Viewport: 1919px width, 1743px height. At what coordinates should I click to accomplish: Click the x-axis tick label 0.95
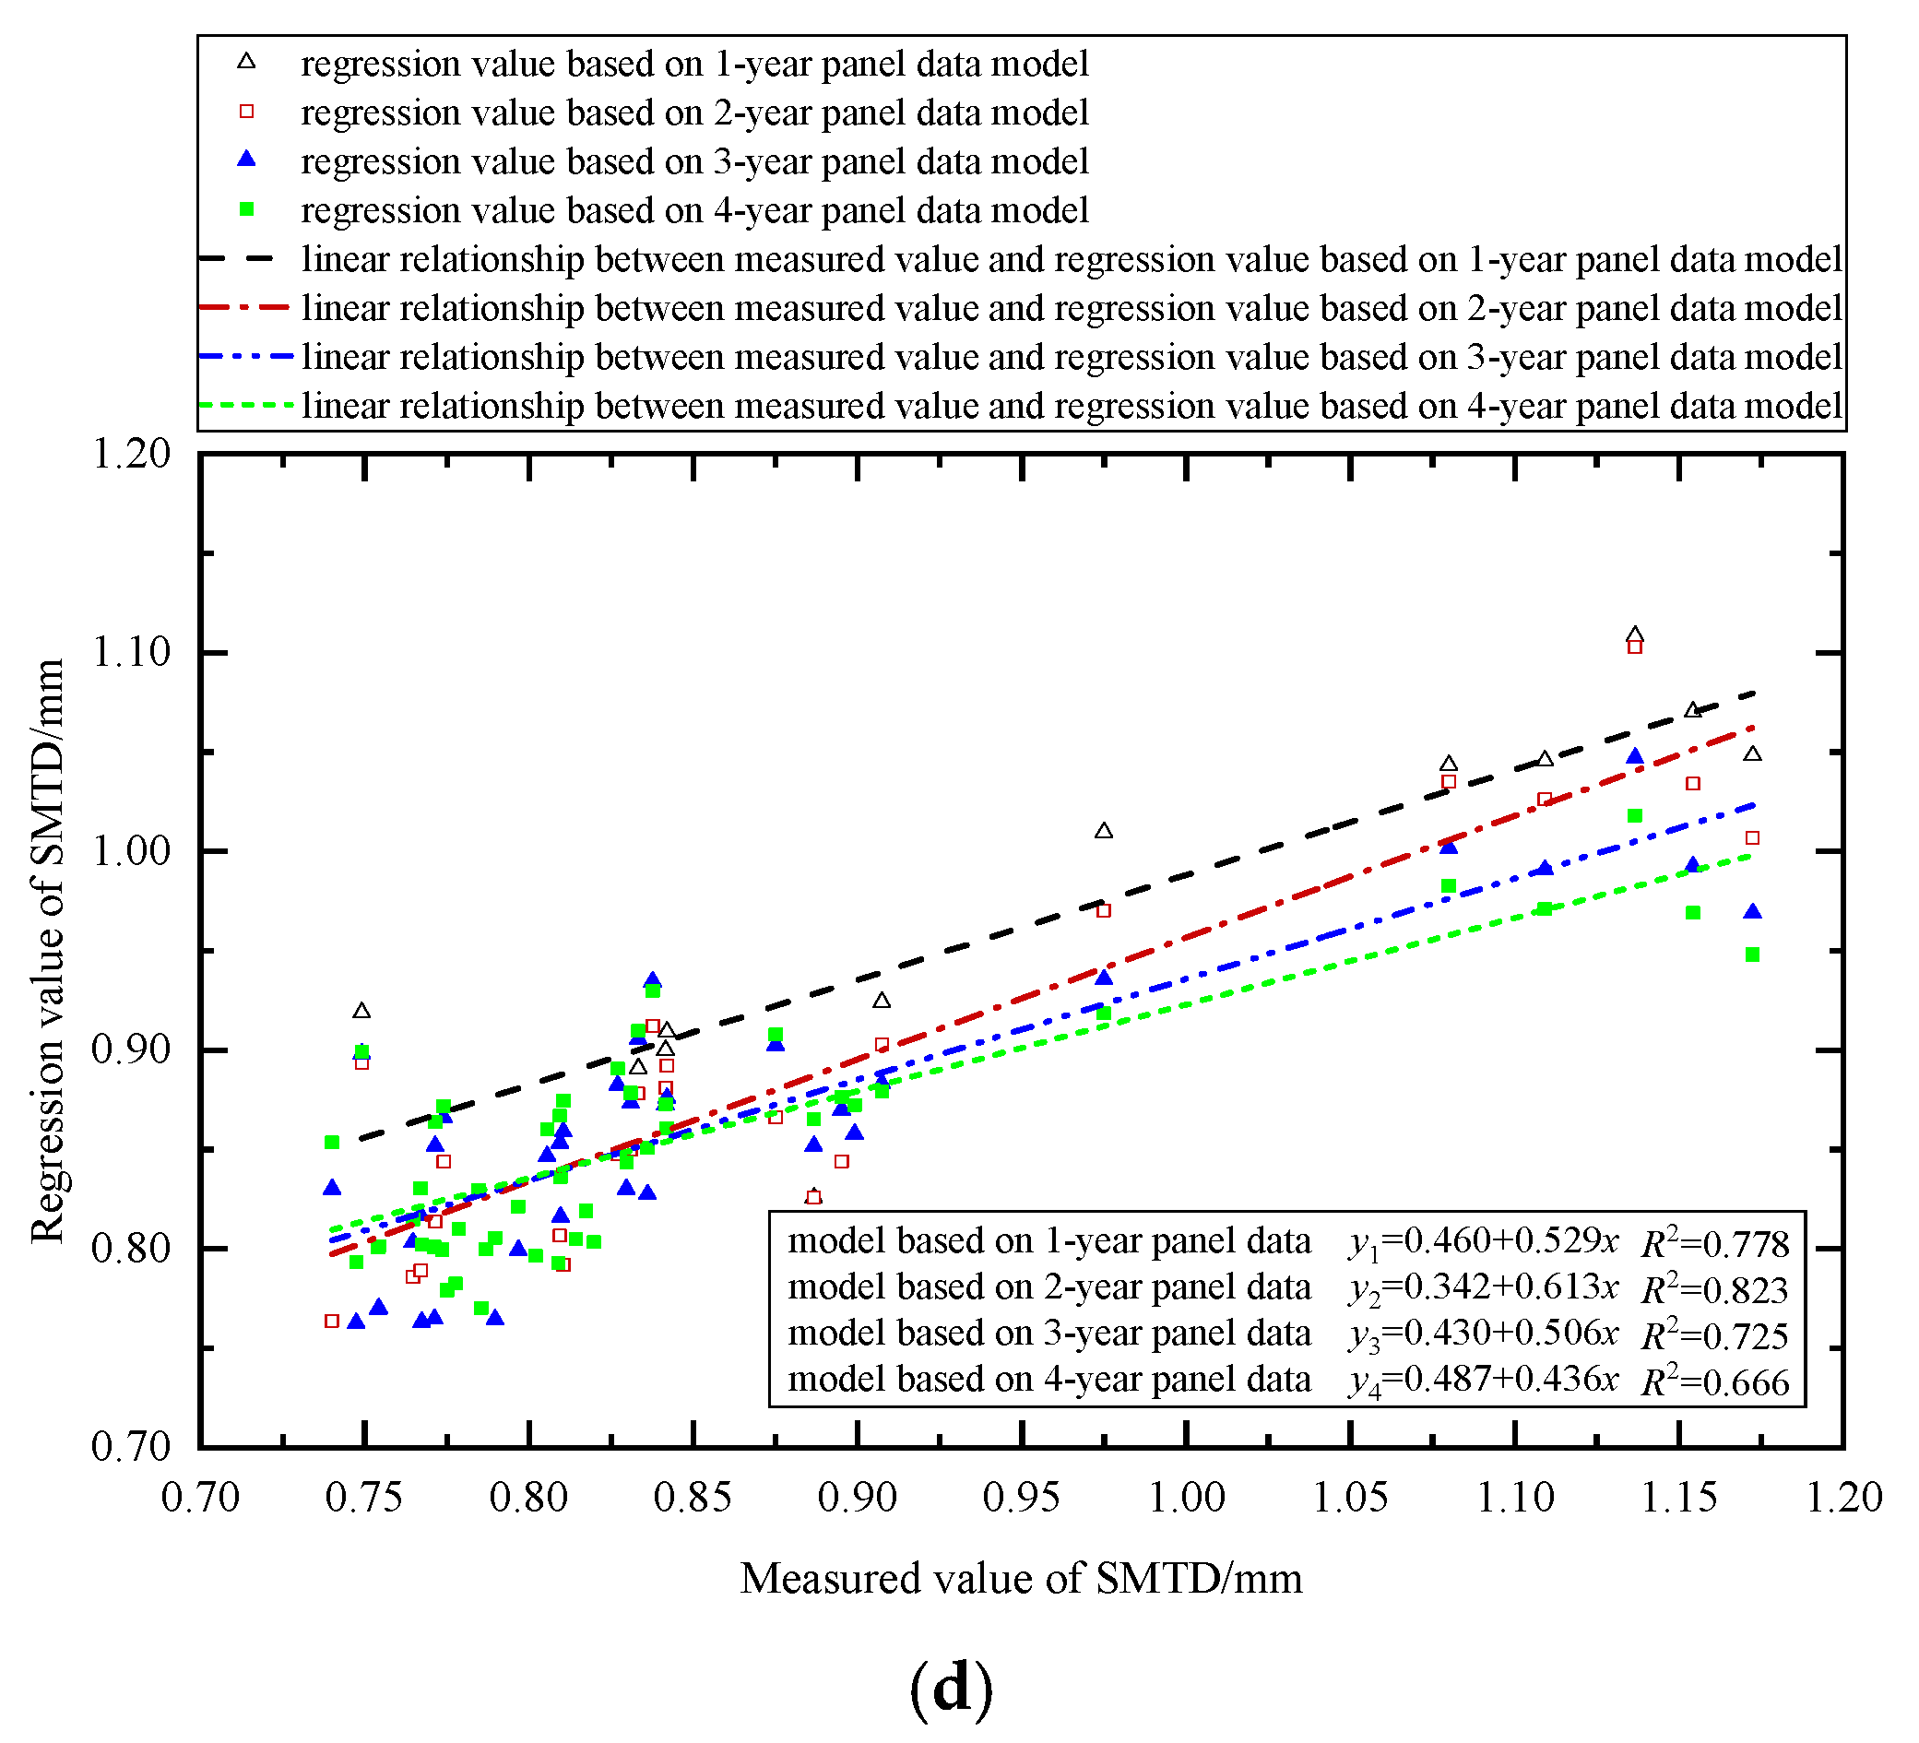(1022, 1497)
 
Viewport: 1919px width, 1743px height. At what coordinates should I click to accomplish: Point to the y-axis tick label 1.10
(130, 653)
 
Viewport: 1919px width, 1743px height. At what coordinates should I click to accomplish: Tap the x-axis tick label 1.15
(1679, 1497)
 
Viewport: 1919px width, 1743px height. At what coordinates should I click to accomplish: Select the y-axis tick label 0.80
(130, 1247)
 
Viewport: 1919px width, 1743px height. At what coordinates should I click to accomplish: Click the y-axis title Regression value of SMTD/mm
(48, 951)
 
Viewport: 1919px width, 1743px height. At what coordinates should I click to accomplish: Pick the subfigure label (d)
(951, 1688)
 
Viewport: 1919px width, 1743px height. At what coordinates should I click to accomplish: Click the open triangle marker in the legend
(246, 62)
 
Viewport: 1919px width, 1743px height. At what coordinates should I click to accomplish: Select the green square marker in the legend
(246, 209)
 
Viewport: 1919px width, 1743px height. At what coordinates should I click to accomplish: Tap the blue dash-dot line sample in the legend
(246, 356)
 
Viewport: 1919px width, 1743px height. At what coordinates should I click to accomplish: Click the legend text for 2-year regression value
(694, 113)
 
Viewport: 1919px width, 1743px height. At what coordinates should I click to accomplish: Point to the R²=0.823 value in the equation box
(1714, 1288)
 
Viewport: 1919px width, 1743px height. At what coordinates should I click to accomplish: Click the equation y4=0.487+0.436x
(1483, 1380)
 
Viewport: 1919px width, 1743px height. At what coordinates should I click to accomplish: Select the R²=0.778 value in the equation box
(1714, 1242)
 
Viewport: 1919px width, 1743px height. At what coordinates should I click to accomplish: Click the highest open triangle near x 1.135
(1634, 634)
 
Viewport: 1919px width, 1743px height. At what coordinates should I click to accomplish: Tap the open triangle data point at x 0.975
(1103, 831)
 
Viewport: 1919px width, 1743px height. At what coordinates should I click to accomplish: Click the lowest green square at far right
(1752, 954)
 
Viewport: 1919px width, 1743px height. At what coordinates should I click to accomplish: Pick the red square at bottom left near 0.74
(332, 1322)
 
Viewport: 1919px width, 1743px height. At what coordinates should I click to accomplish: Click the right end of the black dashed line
(1752, 693)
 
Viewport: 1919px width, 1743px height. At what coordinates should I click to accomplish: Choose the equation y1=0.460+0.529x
(1483, 1241)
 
